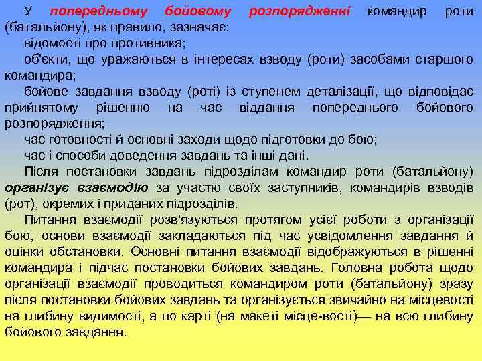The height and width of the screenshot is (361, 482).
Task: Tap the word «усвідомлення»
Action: point(354,235)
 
